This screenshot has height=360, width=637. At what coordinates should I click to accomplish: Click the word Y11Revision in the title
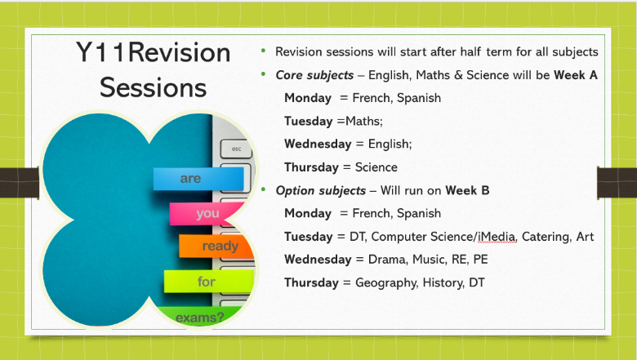click(154, 53)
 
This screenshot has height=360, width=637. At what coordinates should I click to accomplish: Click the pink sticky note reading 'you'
click(207, 214)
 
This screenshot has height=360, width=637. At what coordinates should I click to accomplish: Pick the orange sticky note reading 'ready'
click(219, 246)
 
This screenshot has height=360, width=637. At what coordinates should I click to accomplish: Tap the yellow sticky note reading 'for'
click(207, 282)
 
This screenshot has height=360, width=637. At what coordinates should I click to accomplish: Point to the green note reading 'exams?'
click(200, 314)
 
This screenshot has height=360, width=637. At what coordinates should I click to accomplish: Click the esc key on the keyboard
click(237, 149)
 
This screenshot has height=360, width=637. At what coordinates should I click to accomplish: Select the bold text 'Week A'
click(575, 75)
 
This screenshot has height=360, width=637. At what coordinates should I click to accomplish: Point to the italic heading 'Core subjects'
click(314, 75)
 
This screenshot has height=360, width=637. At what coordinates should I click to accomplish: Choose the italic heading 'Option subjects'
click(320, 190)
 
